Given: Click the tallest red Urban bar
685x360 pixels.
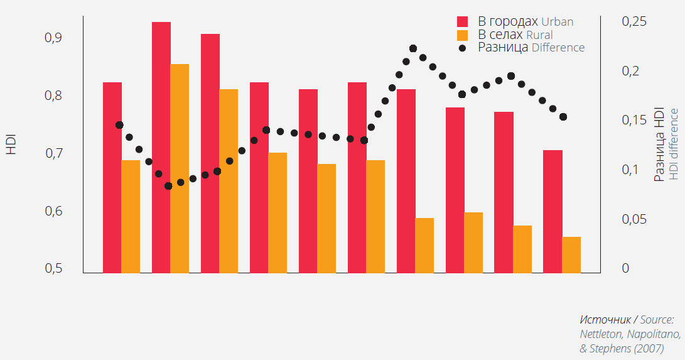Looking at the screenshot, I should point(161,147).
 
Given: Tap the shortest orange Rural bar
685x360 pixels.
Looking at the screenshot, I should point(571,254).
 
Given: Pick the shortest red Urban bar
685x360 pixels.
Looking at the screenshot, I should point(553,211).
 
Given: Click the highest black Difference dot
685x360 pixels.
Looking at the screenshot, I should point(413,48).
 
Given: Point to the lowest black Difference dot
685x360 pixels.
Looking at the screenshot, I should point(168,186).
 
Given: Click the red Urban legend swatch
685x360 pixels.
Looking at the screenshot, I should point(463,21).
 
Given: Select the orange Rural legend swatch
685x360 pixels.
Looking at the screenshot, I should point(463,34).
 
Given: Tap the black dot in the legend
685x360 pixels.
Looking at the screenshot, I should point(463,48).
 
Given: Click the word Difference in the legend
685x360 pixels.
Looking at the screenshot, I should point(558,48).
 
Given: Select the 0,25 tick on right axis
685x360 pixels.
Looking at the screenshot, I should point(634,21).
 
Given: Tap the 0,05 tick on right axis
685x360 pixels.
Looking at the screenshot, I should point(634,219).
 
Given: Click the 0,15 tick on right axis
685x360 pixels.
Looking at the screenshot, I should point(634,120).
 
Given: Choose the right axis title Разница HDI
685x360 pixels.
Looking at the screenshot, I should point(659,145).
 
